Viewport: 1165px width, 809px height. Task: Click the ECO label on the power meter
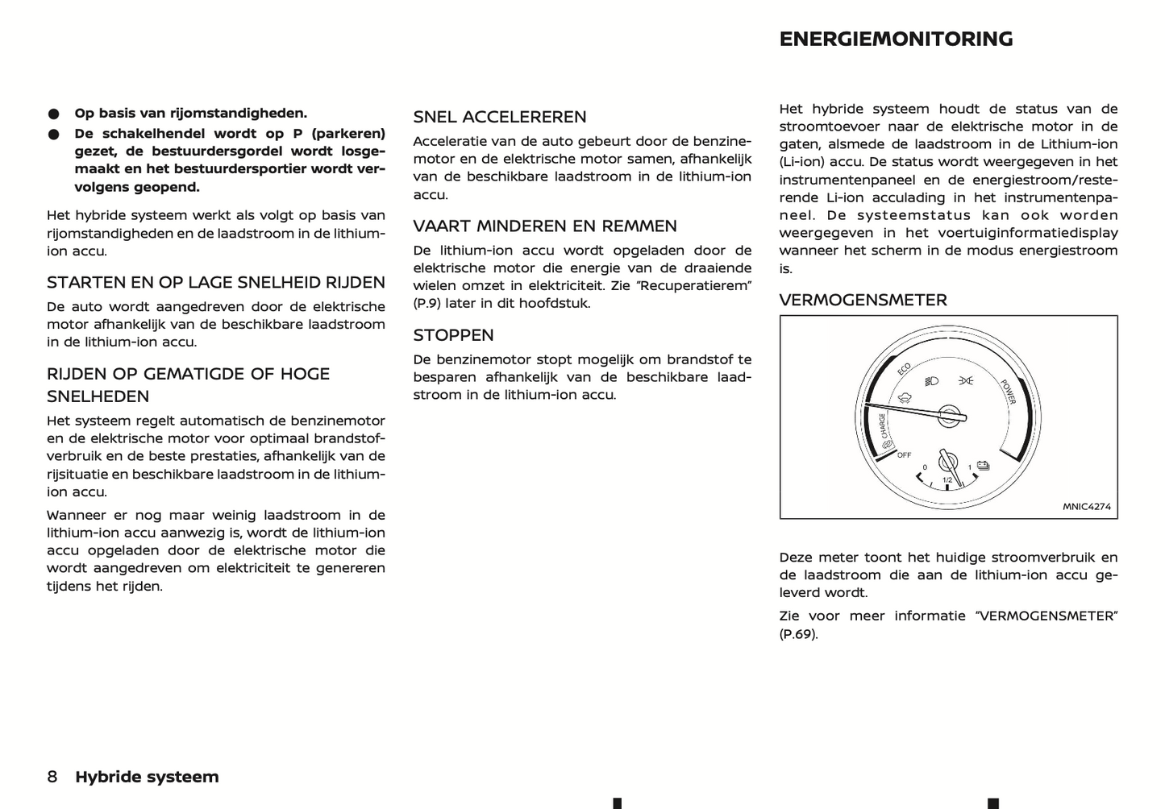click(x=904, y=369)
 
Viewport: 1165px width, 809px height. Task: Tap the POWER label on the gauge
click(x=1008, y=392)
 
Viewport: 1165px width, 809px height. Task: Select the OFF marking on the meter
click(x=905, y=455)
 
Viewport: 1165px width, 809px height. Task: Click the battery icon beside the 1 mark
click(x=984, y=465)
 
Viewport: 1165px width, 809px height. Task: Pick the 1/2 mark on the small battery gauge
click(x=947, y=481)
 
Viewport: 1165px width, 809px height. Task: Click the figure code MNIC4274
click(x=1086, y=507)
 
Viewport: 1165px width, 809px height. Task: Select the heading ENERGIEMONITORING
click(x=896, y=39)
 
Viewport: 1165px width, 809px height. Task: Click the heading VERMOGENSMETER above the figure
click(x=863, y=301)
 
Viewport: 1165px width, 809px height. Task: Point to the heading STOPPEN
click(x=453, y=335)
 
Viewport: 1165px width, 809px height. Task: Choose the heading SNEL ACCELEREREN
click(x=500, y=117)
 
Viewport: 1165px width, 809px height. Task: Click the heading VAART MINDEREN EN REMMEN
click(x=545, y=226)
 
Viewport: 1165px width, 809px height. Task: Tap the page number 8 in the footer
click(x=52, y=777)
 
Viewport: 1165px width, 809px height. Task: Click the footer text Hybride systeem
click(x=147, y=777)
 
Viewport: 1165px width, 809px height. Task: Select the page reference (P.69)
click(x=798, y=634)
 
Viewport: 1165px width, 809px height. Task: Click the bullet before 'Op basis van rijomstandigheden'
click(x=53, y=114)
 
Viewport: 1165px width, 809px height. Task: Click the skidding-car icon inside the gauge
click(x=905, y=397)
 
